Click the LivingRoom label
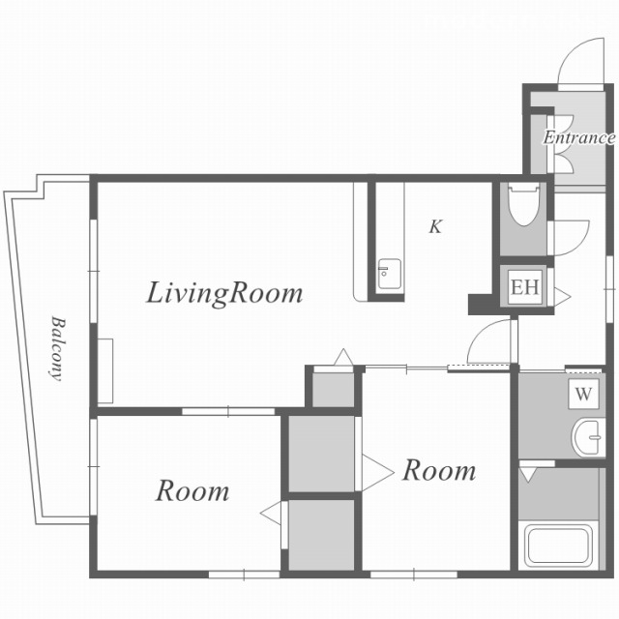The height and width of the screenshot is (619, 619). (x=224, y=294)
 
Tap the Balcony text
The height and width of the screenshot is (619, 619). (x=58, y=348)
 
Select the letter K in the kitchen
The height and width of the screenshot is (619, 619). (x=435, y=226)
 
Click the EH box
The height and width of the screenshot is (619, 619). (x=524, y=287)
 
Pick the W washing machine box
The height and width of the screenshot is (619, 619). (x=583, y=394)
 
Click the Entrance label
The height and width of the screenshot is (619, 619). (x=578, y=137)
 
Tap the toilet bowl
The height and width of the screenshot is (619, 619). (x=524, y=204)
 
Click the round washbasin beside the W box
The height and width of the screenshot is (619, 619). (x=588, y=437)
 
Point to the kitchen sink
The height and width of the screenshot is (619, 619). (x=389, y=274)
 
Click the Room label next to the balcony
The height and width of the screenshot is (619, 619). (x=192, y=490)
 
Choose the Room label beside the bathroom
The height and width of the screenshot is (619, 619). (x=439, y=470)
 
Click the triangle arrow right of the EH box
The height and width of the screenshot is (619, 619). (x=562, y=296)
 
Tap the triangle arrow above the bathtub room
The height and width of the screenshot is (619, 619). (x=527, y=475)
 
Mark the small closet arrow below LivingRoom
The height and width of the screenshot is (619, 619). (x=343, y=357)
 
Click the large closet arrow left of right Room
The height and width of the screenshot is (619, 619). (x=378, y=473)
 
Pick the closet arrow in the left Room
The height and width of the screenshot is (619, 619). (x=271, y=513)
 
